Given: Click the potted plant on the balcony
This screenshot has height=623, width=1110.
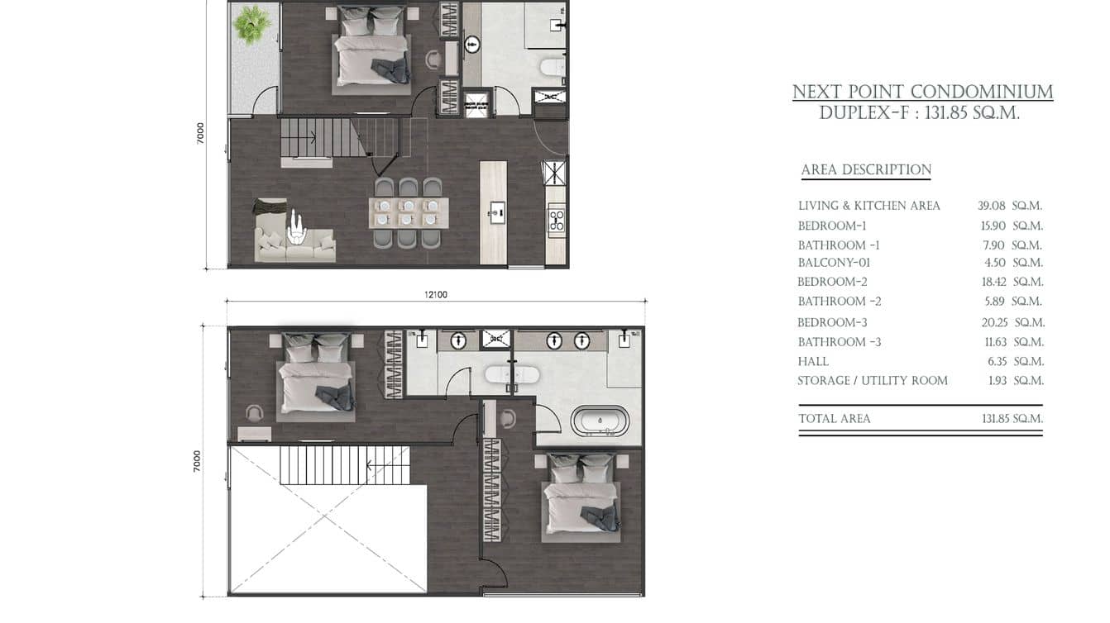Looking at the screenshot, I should coord(251,25).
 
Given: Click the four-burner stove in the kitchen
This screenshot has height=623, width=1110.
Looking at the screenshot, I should coord(556,219).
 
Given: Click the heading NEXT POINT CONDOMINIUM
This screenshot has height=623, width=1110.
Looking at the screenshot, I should coord(922,92).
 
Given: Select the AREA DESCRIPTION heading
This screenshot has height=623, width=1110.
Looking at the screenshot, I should coord(866,170).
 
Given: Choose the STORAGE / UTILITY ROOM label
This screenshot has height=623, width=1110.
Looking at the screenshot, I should coord(873,381).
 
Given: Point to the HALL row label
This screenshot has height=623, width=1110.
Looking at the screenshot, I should coord(813,361).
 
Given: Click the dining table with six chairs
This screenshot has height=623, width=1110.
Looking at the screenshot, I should coord(408,213).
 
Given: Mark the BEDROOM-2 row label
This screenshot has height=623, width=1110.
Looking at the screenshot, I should coord(832,282).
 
